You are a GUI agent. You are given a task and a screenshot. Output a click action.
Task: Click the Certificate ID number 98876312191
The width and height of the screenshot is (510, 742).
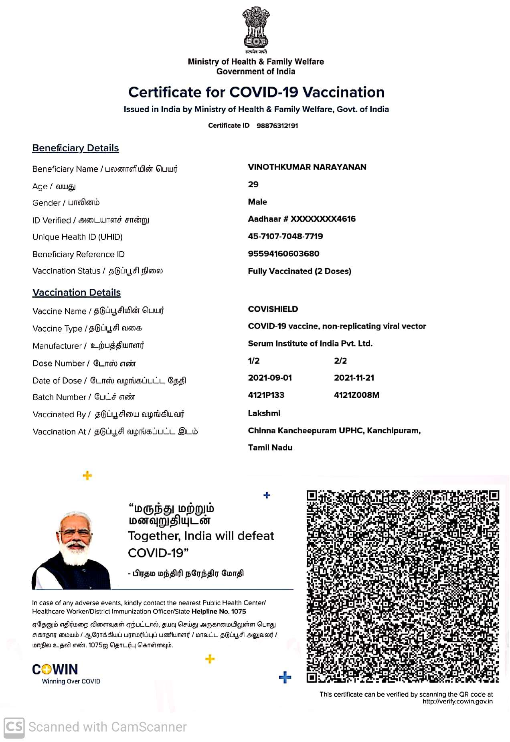tap(277, 126)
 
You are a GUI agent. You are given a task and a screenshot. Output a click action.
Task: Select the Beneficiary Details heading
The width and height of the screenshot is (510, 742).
tap(75, 148)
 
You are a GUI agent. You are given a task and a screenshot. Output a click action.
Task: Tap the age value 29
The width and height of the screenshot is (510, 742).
tap(253, 184)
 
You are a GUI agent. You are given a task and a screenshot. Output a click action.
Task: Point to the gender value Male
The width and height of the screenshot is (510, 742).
tap(257, 202)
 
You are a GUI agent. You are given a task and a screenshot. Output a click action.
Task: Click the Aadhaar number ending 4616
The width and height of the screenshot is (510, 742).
tap(302, 219)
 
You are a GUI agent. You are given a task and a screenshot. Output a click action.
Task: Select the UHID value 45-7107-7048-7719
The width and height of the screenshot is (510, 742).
tap(285, 236)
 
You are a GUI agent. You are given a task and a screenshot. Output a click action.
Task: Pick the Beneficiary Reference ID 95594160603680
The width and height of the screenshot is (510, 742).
tap(283, 253)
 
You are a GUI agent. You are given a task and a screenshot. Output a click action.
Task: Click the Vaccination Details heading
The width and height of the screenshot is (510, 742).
tap(77, 292)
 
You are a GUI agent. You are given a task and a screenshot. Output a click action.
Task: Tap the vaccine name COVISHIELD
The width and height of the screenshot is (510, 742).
tap(273, 309)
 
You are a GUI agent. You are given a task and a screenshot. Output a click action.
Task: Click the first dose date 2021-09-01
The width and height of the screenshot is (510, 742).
tap(270, 378)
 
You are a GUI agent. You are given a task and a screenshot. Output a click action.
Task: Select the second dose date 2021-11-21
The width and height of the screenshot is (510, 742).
tap(354, 378)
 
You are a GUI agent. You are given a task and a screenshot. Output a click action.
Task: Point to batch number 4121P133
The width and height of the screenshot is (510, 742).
tap(266, 395)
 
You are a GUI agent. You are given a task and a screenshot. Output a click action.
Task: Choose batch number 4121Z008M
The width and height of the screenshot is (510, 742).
tap(356, 395)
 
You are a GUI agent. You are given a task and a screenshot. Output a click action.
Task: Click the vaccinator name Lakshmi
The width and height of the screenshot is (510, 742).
tap(264, 413)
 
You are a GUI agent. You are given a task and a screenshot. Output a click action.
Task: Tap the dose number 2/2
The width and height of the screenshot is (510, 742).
tap(340, 361)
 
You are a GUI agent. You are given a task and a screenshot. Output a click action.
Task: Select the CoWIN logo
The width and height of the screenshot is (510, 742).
tap(55, 670)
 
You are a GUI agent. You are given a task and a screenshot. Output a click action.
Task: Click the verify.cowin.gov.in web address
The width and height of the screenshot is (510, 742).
tap(457, 701)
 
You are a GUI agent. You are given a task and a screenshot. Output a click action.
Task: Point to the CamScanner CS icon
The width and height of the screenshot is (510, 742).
tap(14, 727)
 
